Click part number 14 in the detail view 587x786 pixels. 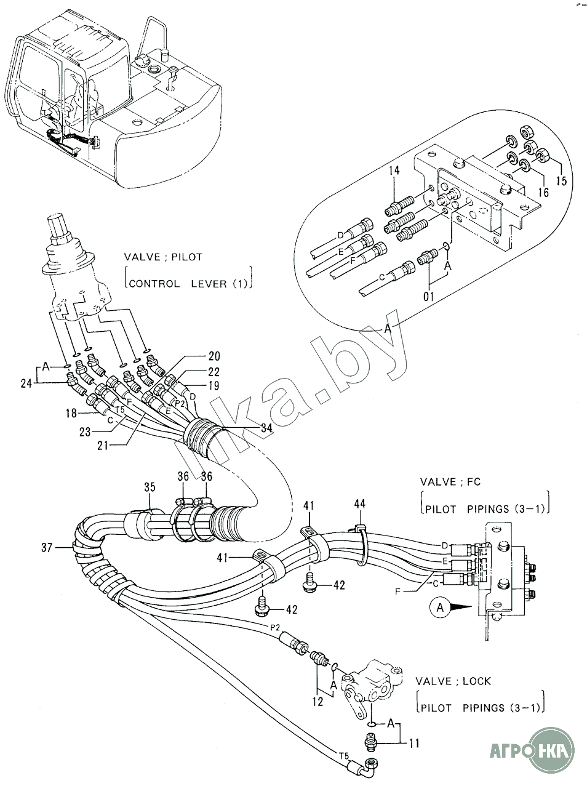pos(394,170)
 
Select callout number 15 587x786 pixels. pos(561,182)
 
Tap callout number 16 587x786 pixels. pos(543,192)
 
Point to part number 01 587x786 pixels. pos(429,297)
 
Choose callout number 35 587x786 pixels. pos(150,488)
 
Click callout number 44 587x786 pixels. pos(359,504)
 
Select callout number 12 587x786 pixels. pos(318,701)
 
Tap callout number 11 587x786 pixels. pos(414,743)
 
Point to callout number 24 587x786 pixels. pos(26,383)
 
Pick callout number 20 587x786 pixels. pos(214,356)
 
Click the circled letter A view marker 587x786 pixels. pos(439,608)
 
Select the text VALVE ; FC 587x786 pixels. pos(450,481)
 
